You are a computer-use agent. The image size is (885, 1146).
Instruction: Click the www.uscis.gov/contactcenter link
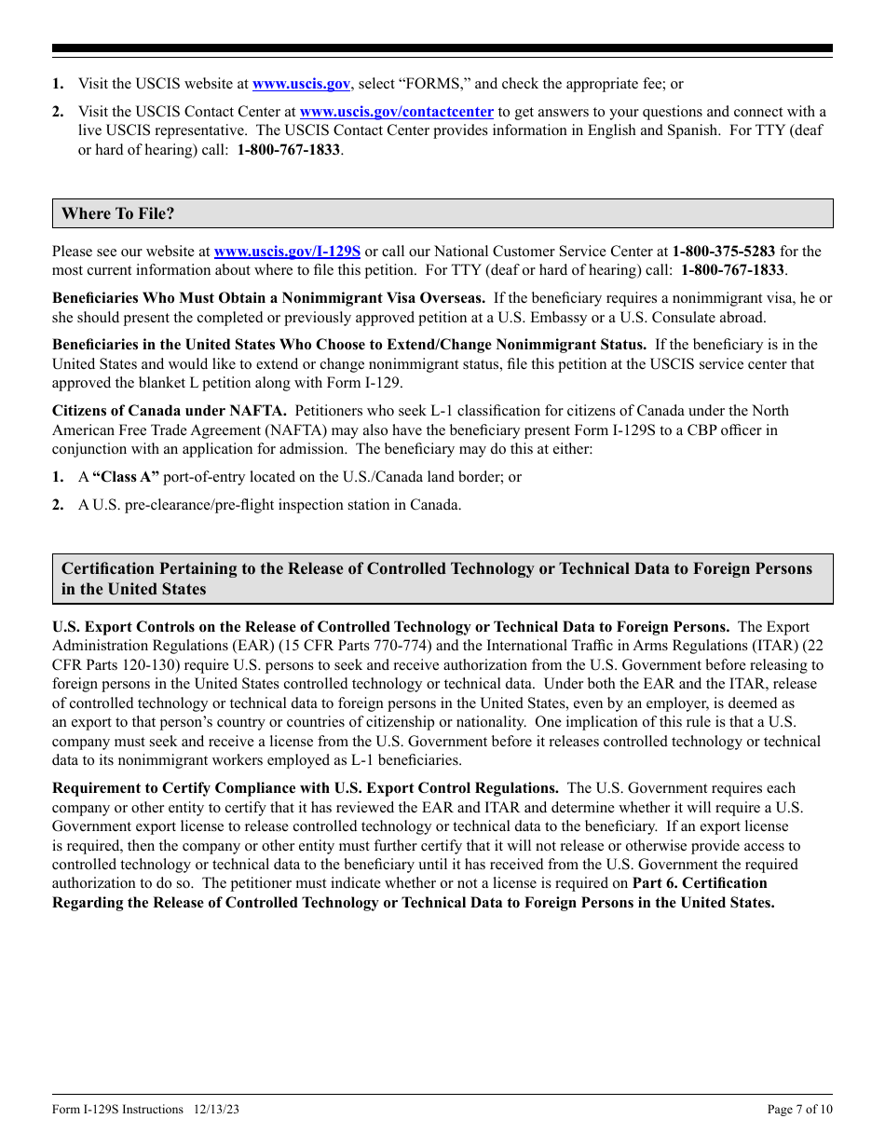(396, 112)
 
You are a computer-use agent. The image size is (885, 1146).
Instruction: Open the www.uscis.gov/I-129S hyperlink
(287, 251)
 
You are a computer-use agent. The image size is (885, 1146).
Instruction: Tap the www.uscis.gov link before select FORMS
(301, 84)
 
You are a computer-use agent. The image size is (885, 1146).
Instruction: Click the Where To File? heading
(118, 213)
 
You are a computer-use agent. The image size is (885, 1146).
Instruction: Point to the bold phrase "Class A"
(126, 477)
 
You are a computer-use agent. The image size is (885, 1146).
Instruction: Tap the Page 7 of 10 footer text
(799, 1109)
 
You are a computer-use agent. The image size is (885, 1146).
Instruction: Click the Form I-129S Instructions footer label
(117, 1109)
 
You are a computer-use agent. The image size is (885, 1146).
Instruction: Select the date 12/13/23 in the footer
(217, 1109)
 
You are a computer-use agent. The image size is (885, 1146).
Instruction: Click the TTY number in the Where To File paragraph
(732, 270)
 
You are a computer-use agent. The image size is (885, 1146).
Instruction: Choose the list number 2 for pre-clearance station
(58, 505)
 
